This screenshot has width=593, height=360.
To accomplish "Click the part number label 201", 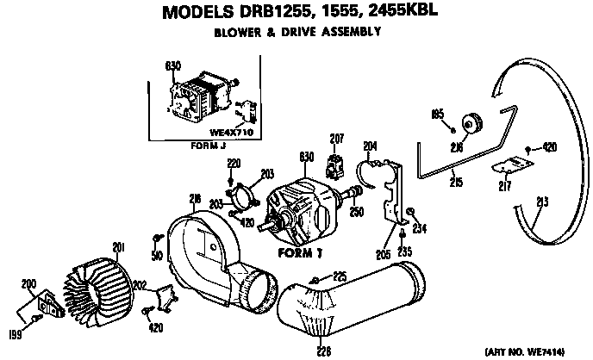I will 118,251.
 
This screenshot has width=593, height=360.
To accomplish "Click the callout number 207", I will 336,139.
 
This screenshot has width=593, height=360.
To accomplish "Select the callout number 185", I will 437,114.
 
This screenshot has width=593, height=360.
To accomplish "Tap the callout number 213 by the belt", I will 541,203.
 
